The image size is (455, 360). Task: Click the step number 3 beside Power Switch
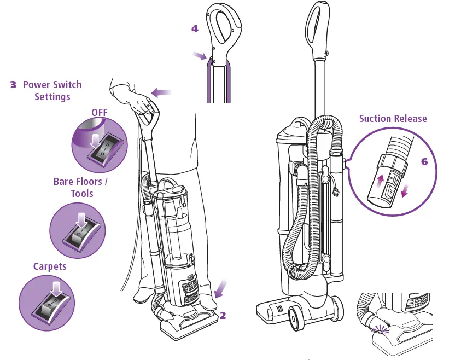tap(14, 85)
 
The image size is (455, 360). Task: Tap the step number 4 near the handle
tap(195, 29)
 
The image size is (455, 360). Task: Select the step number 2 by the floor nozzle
tap(223, 315)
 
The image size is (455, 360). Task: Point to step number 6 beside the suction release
tap(424, 162)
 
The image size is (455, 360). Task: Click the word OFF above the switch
tap(100, 112)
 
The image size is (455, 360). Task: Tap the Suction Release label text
tap(393, 119)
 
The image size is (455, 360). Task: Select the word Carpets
tap(50, 266)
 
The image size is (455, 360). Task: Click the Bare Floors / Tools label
tap(81, 187)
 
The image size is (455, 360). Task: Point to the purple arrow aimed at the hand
tap(161, 92)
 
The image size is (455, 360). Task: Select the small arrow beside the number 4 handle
tap(200, 55)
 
